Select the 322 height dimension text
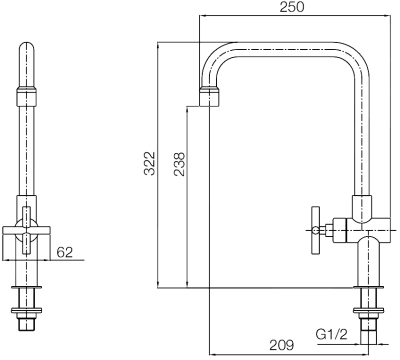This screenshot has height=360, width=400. point(147,165)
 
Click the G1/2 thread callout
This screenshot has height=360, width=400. point(331,332)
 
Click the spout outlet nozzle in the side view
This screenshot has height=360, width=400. point(207,97)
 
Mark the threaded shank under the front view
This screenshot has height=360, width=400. point(27,324)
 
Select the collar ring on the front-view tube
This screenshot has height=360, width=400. point(27,97)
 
